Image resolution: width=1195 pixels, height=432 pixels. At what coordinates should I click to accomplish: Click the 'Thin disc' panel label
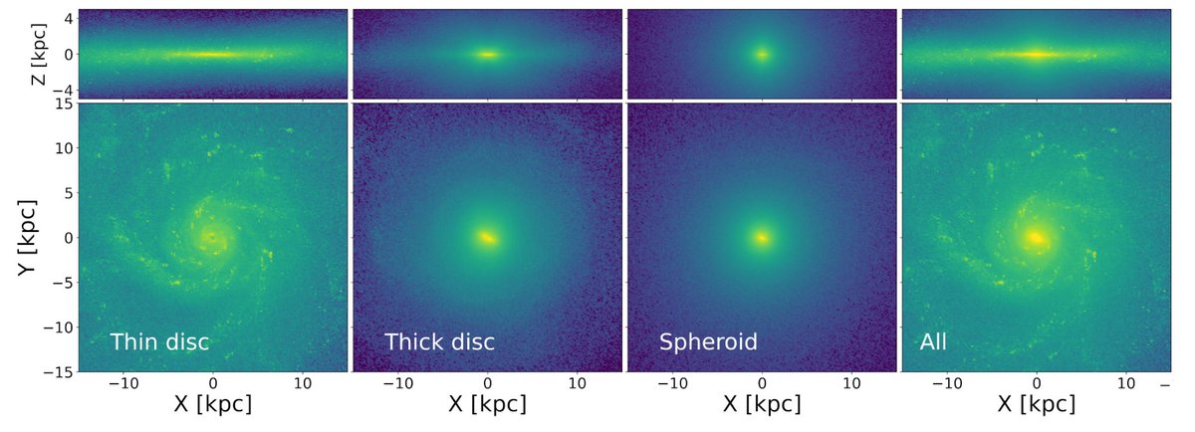click(159, 342)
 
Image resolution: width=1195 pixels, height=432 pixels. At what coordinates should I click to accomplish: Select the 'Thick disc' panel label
click(439, 342)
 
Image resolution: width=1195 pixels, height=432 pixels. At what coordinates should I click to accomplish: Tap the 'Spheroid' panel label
click(708, 342)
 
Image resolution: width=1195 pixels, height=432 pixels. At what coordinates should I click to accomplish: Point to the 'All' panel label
click(933, 342)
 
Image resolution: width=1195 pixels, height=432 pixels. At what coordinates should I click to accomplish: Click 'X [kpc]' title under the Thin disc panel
click(212, 404)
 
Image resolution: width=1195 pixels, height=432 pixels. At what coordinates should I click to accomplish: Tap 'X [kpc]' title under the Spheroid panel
click(762, 404)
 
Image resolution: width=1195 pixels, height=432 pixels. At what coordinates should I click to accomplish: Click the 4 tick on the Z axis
click(66, 17)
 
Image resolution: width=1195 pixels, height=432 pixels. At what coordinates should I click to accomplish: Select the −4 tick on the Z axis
click(61, 90)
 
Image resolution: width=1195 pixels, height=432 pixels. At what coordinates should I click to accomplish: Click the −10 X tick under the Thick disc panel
click(397, 382)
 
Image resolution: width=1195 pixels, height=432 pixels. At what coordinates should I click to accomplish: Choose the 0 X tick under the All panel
click(1037, 382)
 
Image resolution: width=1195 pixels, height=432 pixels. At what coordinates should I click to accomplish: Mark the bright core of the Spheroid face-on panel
click(762, 238)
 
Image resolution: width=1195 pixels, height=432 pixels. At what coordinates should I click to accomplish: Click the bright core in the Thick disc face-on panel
click(487, 238)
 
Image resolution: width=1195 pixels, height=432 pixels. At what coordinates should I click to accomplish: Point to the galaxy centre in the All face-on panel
click(1037, 238)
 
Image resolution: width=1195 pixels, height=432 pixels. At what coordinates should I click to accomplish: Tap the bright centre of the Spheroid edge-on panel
click(762, 54)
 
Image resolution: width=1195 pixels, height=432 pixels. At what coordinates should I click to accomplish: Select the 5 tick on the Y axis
click(66, 193)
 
